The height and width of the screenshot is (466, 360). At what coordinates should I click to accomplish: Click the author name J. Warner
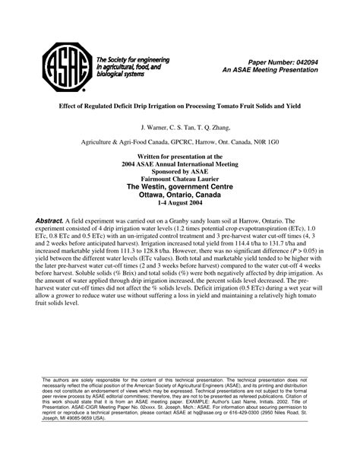pos(158,128)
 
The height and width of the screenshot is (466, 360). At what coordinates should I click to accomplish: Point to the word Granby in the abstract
pos(200,220)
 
